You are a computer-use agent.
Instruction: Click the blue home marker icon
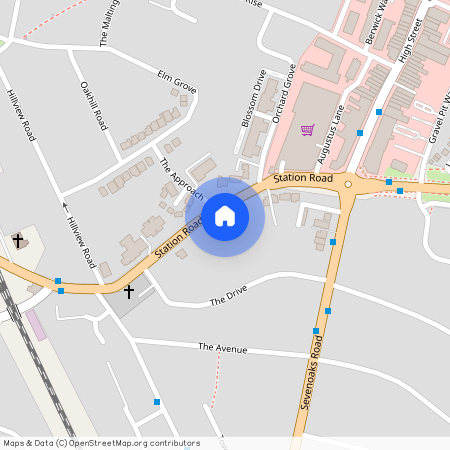225,214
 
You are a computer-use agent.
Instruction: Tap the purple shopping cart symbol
307,129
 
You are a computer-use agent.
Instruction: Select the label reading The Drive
227,298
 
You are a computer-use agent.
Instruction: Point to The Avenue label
222,348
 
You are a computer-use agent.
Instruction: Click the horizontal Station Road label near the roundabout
302,178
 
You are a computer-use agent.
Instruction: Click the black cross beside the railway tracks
17,240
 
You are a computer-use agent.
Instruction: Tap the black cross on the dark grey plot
129,291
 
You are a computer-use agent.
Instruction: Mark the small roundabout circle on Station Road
348,184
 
